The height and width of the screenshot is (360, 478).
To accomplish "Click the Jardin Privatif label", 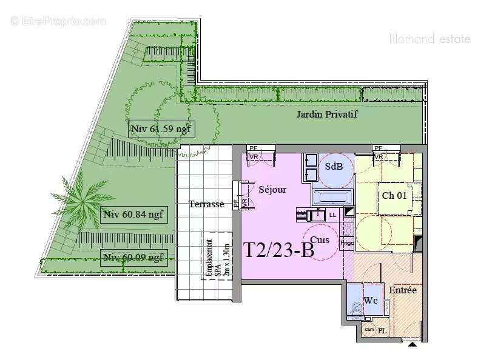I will tap(326, 114).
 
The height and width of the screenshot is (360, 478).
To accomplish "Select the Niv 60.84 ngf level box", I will tap(133, 214).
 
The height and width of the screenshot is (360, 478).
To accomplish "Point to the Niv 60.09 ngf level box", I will tap(133, 258).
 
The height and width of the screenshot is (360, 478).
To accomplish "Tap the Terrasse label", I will tap(206, 204).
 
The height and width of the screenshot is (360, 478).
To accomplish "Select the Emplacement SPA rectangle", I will tap(217, 255).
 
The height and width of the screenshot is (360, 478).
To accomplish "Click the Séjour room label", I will tap(272, 189).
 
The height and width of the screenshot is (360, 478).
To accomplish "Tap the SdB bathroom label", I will tap(334, 167).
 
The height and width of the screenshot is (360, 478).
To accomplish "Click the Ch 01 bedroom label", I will tap(394, 195).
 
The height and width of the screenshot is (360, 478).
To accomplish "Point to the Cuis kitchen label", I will tap(319, 239).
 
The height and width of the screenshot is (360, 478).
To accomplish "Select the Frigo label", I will tap(346, 243).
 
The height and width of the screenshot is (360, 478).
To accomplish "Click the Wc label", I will tap(371, 301).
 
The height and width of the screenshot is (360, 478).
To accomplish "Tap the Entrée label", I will tap(403, 290).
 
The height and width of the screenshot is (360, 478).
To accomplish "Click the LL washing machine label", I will tap(332, 215).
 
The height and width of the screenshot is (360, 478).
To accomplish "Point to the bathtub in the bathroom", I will tap(332, 197).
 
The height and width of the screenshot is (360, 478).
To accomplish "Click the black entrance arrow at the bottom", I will tap(412, 344).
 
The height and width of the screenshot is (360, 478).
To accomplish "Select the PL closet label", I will tap(382, 330).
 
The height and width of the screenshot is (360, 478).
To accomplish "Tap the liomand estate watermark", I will tap(429, 39).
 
